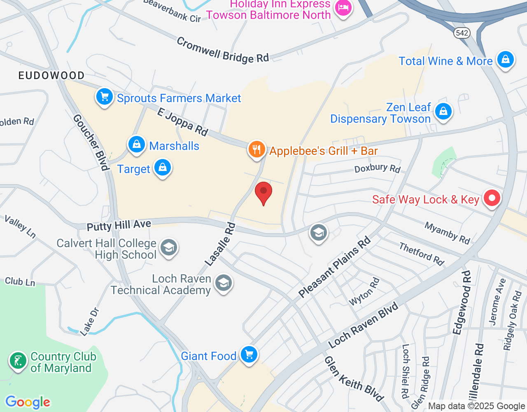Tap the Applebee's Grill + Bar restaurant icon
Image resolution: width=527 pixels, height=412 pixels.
pos(257,149)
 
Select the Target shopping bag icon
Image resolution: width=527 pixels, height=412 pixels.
pos(163,168)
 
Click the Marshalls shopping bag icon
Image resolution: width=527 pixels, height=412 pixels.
pos(136,145)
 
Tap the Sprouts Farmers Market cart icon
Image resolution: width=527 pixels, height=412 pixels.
pos(105,97)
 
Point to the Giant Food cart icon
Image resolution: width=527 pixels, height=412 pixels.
pos(249,354)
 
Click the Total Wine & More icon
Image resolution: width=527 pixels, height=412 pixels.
pos(505,60)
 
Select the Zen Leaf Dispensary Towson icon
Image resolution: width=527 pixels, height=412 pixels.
pos(443,112)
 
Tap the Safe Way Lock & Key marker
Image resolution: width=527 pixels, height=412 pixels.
pos(492,198)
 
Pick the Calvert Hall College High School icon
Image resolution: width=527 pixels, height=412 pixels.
pos(169,248)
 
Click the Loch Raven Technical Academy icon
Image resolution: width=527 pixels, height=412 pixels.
pos(224,283)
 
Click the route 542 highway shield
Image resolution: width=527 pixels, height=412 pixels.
pos(462,33)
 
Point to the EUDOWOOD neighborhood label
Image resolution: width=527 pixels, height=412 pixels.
pos(51,75)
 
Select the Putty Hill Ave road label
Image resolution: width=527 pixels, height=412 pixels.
pos(119,225)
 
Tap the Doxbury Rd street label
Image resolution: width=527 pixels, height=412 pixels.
pos(377,168)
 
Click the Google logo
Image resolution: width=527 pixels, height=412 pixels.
pos(28,402)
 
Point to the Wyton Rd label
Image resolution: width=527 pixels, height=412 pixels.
pos(364,292)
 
